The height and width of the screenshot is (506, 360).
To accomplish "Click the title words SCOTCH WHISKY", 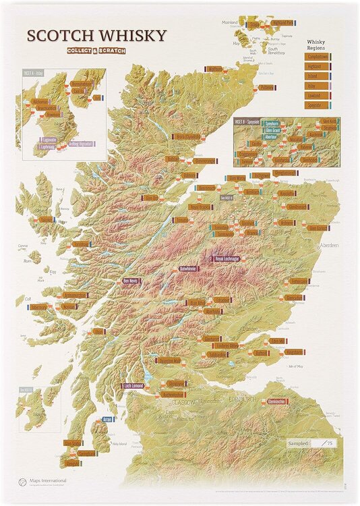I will click(x=96, y=36).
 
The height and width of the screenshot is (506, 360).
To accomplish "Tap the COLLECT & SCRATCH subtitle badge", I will click(x=96, y=51).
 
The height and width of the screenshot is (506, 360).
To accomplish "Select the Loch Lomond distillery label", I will click(x=136, y=385).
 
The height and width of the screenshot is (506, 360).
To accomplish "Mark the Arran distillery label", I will click(x=107, y=419).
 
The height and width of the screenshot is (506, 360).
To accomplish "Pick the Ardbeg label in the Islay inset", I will click(x=75, y=144).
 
